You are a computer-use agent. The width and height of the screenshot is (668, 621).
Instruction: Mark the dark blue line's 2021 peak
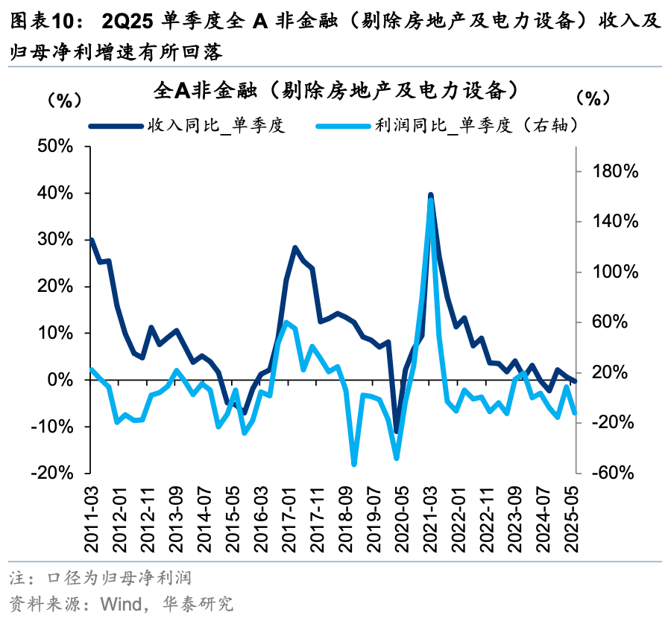[431, 195]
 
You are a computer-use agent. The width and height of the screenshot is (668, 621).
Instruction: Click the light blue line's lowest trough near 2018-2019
[354, 464]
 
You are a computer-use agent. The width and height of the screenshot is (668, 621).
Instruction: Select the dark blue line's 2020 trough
[396, 431]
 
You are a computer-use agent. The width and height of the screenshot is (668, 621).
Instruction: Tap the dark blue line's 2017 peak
[295, 247]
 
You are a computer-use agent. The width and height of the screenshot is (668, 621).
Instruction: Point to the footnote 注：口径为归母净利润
[101, 578]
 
